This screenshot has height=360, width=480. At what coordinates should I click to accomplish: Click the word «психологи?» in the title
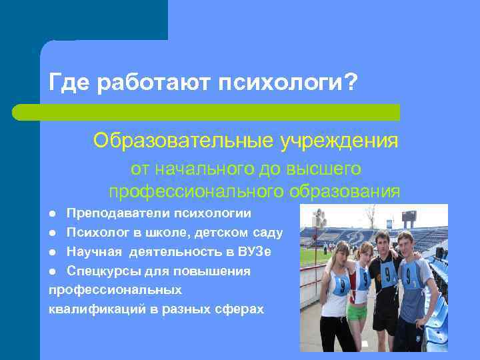click(288, 82)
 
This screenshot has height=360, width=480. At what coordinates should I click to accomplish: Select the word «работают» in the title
click(154, 83)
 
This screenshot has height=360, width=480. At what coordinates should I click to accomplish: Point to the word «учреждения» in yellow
click(339, 141)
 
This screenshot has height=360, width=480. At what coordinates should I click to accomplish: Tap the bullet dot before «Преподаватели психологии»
click(53, 214)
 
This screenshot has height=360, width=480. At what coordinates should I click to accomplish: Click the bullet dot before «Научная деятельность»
click(53, 252)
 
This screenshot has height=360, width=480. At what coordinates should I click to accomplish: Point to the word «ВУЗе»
click(255, 251)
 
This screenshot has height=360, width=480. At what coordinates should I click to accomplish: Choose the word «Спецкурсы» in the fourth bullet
click(102, 271)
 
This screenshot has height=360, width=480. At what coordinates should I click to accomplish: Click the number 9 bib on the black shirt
click(388, 275)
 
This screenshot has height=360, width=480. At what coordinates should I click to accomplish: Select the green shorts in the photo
click(357, 311)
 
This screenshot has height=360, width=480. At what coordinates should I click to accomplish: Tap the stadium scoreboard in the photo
click(409, 215)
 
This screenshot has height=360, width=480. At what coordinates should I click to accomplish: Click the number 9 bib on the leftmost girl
click(341, 285)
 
